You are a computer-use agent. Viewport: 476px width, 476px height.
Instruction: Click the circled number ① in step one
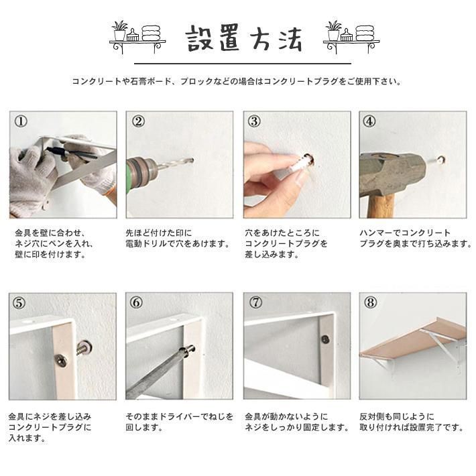point(21,121)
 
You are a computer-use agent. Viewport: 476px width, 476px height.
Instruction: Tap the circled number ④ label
point(369,121)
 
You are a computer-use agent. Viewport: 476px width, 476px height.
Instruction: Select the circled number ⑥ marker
point(136,302)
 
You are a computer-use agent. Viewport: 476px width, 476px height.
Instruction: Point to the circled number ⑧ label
point(370,302)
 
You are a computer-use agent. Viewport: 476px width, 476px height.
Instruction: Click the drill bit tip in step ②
point(192,160)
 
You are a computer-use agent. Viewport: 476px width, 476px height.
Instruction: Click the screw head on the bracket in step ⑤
point(61,361)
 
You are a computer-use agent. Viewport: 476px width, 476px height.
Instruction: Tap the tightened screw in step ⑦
point(325,339)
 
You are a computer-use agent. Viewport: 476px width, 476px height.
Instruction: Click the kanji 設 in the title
point(200,39)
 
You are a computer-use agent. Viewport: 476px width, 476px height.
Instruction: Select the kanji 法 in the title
point(290,39)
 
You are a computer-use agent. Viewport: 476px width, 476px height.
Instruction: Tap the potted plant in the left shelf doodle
point(119,31)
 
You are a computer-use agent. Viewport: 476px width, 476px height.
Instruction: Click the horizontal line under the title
point(243,64)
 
